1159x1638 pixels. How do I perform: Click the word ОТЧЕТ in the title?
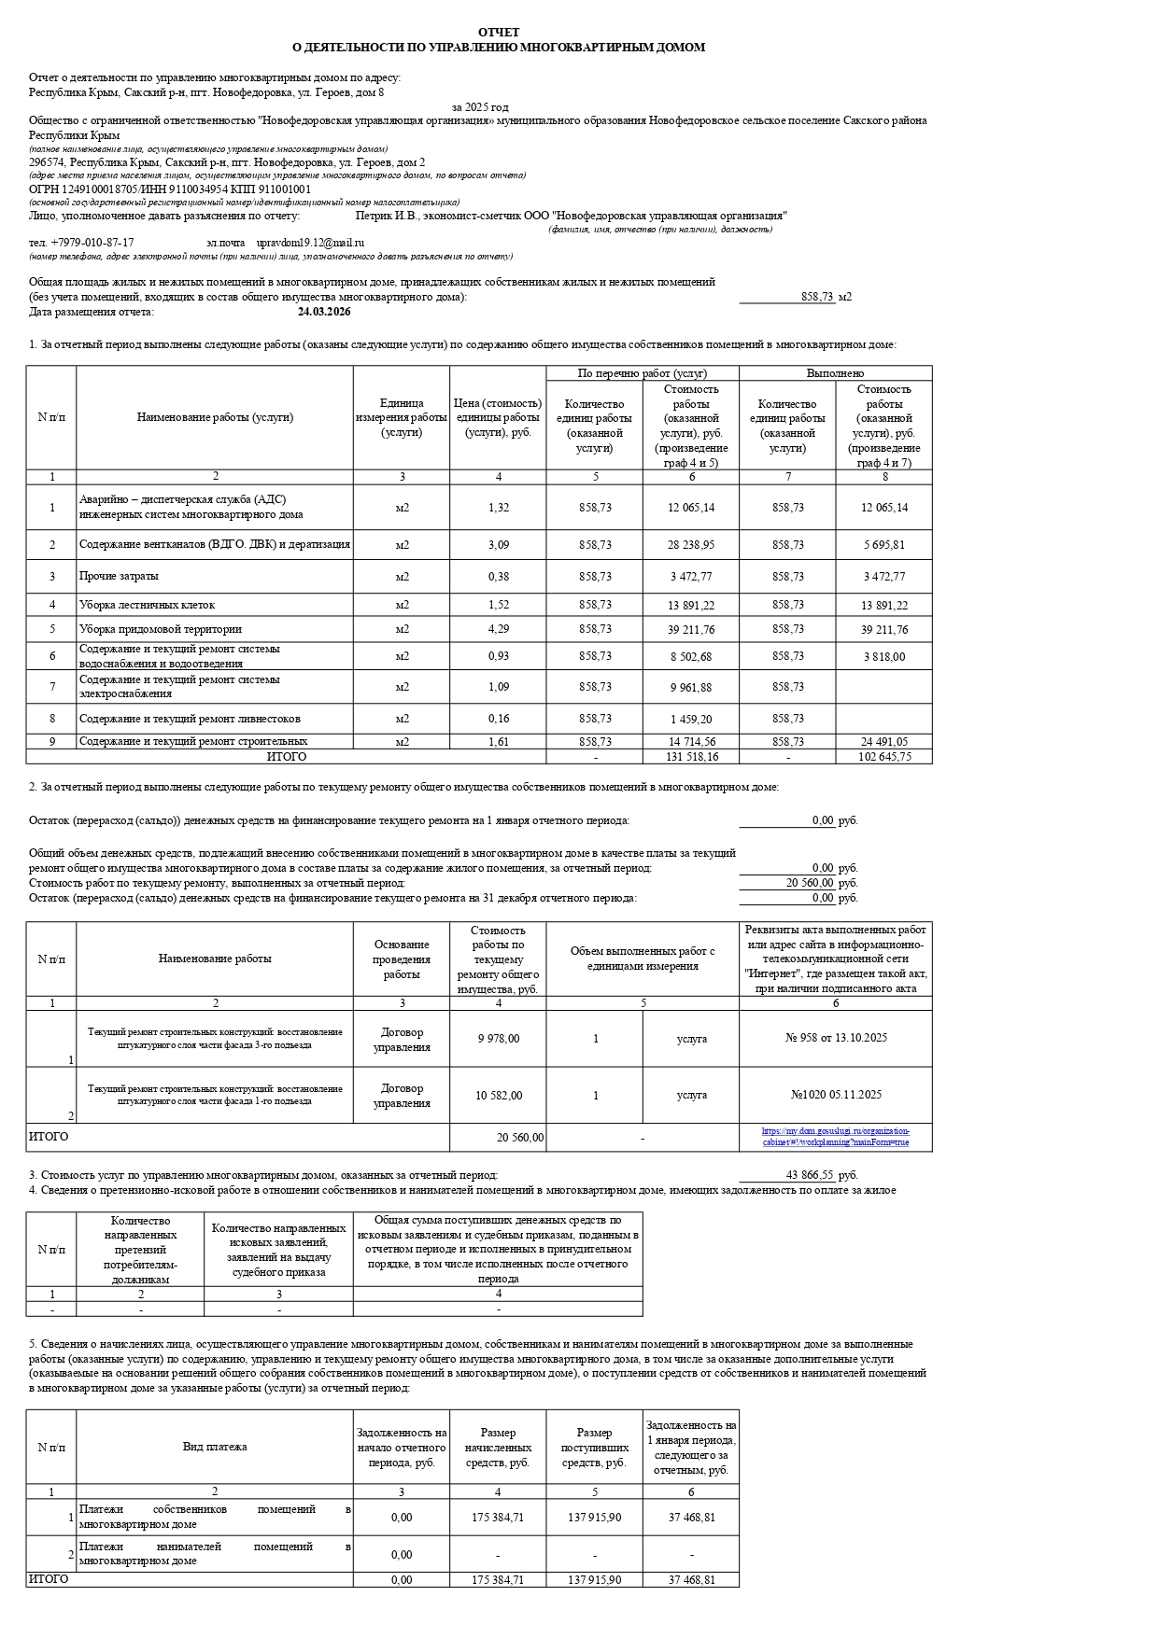tap(498, 33)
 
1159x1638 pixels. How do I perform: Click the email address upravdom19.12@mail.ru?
tap(310, 243)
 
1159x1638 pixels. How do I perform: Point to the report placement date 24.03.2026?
tap(324, 312)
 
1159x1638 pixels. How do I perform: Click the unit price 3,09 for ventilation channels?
tap(498, 545)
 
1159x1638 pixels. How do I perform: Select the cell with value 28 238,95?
tap(691, 545)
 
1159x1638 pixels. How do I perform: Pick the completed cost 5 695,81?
tap(883, 545)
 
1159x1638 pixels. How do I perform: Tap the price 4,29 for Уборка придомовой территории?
tap(498, 629)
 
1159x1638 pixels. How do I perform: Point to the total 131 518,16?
tap(691, 757)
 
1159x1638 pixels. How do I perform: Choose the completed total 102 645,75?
tap(883, 757)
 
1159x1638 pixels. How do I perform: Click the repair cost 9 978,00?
tap(498, 1039)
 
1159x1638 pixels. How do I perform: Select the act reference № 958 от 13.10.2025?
tap(835, 1038)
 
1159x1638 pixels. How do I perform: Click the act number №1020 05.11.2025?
tap(835, 1095)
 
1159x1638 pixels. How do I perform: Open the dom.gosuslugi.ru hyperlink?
tap(835, 1137)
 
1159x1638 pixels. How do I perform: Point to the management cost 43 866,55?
tap(810, 1175)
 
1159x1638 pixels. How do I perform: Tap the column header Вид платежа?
tap(215, 1447)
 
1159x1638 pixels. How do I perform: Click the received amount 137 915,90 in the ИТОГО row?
tap(594, 1579)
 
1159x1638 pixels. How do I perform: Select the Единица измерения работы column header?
tap(402, 417)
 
